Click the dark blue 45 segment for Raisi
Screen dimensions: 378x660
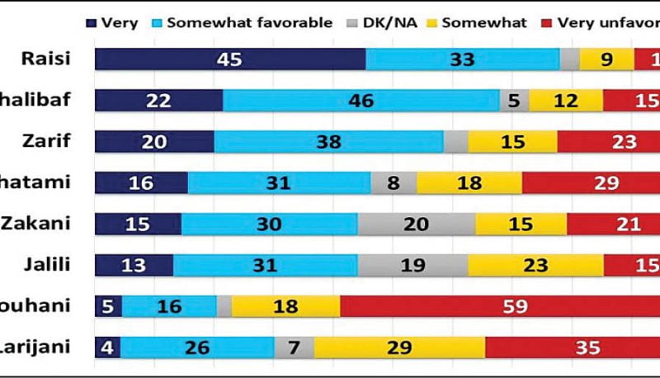point(230,59)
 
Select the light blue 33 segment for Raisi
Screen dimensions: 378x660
point(463,59)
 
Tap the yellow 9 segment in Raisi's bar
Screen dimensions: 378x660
point(606,59)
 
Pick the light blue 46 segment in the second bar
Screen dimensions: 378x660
point(361,101)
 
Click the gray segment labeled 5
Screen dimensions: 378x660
point(514,101)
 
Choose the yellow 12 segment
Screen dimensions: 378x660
point(566,101)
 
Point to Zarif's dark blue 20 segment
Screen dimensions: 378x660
point(154,142)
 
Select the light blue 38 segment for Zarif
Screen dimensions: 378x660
point(328,142)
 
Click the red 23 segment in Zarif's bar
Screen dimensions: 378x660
point(608,142)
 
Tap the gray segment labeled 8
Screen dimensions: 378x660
point(393,183)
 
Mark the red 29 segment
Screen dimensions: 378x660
point(591,183)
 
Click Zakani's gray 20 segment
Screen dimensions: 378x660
point(416,224)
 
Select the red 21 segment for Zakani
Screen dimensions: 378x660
point(613,224)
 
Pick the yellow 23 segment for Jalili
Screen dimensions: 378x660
point(535,266)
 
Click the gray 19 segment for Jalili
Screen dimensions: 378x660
point(412,266)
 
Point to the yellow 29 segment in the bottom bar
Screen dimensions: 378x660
point(399,347)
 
